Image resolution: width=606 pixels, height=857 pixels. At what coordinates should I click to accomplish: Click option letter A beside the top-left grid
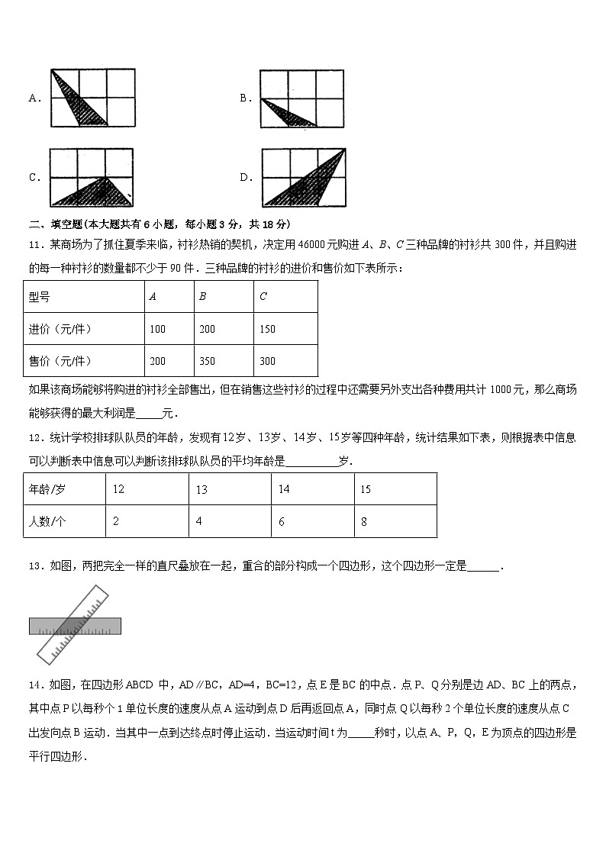coord(34,98)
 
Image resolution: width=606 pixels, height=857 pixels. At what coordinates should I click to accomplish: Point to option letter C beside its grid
coord(34,178)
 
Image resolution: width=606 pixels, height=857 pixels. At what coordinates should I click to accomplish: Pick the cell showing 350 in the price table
coord(207,361)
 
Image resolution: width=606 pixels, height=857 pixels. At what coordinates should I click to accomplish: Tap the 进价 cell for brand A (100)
coord(158,329)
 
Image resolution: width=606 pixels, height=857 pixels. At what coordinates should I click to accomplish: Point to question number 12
coord(34,437)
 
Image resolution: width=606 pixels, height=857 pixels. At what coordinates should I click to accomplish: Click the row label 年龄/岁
coord(48,489)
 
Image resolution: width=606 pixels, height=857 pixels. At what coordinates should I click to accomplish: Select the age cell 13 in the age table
coord(201,489)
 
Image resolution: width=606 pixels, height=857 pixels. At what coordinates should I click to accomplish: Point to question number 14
coord(34,685)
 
